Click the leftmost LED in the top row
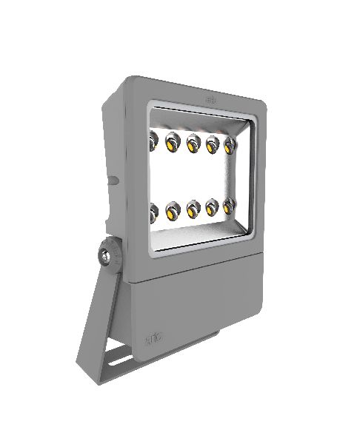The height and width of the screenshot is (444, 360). [154, 138]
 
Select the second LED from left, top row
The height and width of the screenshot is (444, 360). [174, 138]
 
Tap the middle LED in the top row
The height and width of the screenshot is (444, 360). [194, 140]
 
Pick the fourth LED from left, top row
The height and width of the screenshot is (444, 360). [213, 142]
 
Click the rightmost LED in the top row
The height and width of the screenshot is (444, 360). [229, 144]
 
